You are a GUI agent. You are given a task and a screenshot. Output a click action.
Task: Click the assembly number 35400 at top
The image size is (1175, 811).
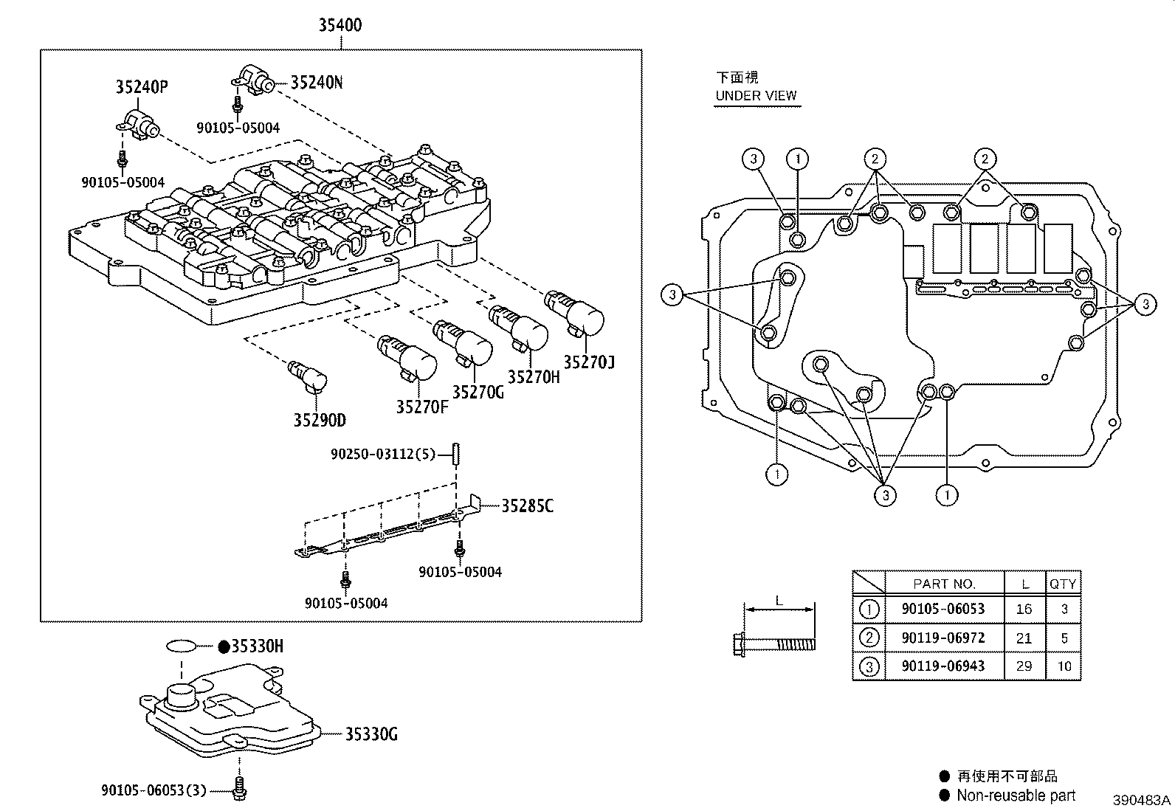tap(340, 25)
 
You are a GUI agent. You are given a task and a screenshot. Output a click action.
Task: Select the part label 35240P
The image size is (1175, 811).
tap(141, 87)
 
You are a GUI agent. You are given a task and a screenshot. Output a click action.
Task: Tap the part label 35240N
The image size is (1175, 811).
tap(316, 82)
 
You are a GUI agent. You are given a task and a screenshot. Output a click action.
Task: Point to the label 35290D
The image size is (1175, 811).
tap(319, 421)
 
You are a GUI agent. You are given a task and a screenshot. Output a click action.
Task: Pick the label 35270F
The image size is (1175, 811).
tap(421, 407)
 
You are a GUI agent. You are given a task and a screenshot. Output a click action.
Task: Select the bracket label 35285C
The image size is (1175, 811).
tap(527, 506)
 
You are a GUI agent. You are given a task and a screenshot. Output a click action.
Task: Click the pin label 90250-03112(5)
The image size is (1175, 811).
tap(384, 455)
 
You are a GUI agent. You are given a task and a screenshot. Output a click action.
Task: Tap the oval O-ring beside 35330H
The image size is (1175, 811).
tap(181, 647)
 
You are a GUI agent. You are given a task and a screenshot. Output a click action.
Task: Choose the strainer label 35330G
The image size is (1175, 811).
tap(371, 734)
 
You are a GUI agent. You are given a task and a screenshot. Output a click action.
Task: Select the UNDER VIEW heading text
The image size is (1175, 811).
tap(756, 95)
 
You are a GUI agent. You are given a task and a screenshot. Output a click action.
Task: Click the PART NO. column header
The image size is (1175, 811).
tap(944, 584)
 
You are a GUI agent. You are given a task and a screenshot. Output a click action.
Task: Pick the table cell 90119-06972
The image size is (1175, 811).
tap(943, 638)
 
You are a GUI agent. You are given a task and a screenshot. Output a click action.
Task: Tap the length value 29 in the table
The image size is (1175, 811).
tap(1024, 666)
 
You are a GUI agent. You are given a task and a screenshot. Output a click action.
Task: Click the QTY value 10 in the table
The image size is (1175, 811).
tap(1064, 666)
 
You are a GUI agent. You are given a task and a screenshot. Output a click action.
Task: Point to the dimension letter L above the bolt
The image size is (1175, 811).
tap(779, 601)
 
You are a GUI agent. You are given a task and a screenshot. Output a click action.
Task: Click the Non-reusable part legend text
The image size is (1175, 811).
tap(1016, 796)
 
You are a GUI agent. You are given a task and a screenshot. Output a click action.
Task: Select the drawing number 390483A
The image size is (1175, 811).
tap(1142, 800)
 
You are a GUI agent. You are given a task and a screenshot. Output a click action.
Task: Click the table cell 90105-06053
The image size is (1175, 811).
tap(943, 610)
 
